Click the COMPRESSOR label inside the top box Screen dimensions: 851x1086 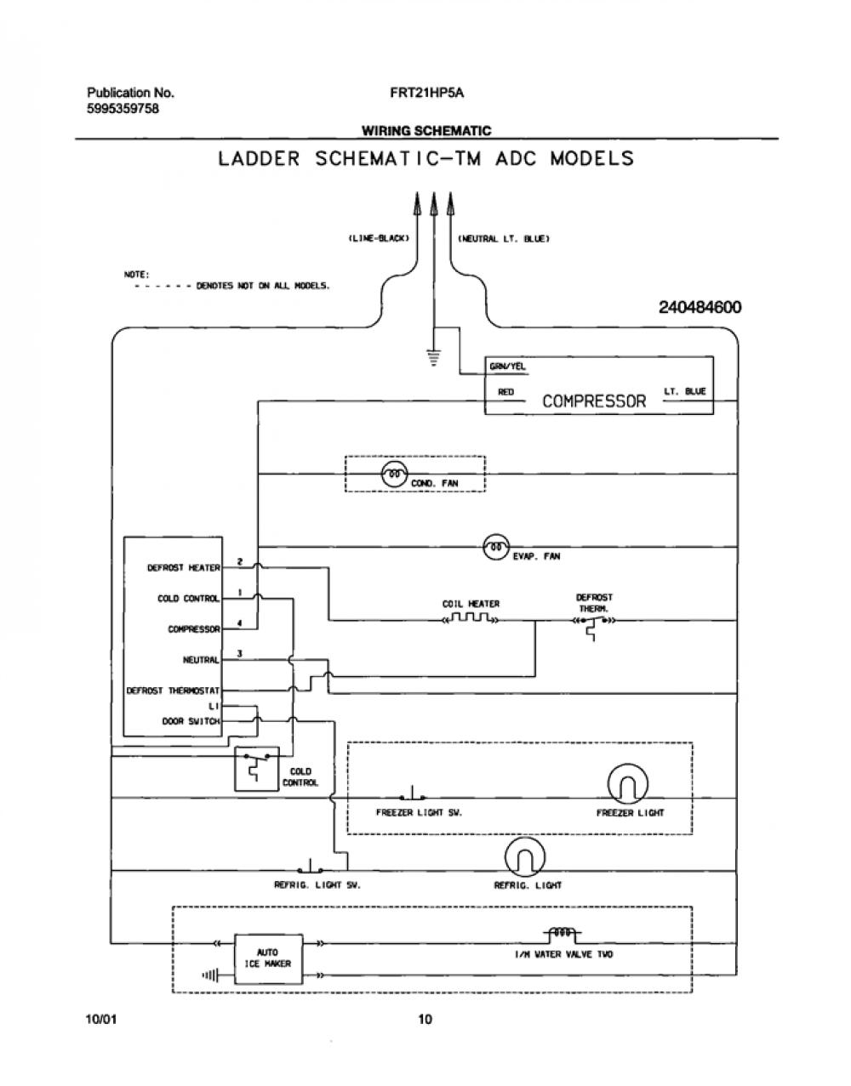click(594, 401)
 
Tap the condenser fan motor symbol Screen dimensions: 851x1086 click(395, 474)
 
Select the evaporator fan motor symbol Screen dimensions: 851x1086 click(496, 547)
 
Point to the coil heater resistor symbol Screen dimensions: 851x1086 click(470, 618)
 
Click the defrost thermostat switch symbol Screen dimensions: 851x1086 click(593, 626)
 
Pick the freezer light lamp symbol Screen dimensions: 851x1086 click(627, 783)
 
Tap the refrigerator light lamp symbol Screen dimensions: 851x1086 click(524, 857)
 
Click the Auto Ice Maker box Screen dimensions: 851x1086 click(269, 958)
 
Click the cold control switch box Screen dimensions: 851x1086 click(256, 769)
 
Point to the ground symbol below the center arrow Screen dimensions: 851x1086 click(433, 357)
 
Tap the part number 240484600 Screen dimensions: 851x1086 click(700, 307)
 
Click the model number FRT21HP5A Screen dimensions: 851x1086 click(427, 93)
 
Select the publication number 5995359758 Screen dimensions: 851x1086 click(123, 109)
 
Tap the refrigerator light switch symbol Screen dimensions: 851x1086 click(310, 866)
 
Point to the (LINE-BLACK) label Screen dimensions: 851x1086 click(379, 238)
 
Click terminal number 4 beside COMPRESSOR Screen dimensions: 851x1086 click(240, 623)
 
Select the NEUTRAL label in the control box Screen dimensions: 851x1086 click(201, 660)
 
